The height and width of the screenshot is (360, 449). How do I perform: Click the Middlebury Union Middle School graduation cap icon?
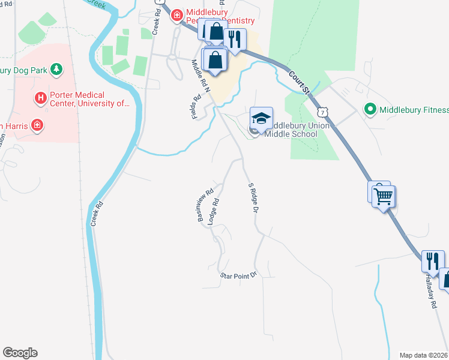pos(261,118)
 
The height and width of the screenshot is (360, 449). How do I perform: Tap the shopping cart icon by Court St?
pos(384,195)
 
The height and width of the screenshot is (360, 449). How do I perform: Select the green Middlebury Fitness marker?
pos(370,109)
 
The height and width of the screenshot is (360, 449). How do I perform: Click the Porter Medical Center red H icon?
pos(40,97)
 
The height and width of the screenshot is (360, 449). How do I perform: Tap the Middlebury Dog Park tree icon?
pos(56,70)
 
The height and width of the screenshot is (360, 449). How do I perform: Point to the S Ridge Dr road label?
pos(253,199)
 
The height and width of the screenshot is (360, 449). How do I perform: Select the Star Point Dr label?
pos(238,275)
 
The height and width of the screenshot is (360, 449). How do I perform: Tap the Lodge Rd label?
pos(213,212)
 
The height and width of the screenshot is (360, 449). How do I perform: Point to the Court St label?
pos(298,82)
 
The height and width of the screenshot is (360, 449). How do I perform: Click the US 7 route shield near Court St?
pos(324,112)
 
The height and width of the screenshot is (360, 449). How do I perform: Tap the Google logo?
pos(20,353)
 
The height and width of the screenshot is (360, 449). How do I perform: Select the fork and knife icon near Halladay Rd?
pos(432,260)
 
